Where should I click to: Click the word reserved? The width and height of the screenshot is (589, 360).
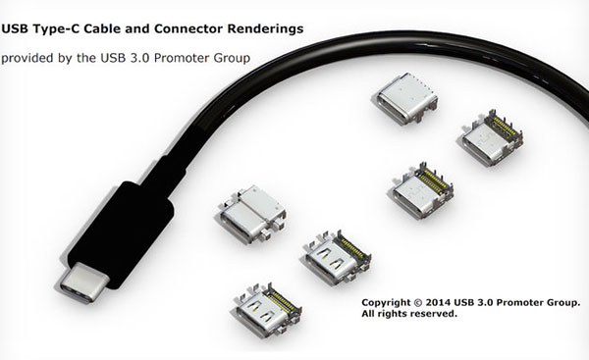(438, 315)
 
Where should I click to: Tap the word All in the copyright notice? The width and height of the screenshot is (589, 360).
(371, 315)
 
